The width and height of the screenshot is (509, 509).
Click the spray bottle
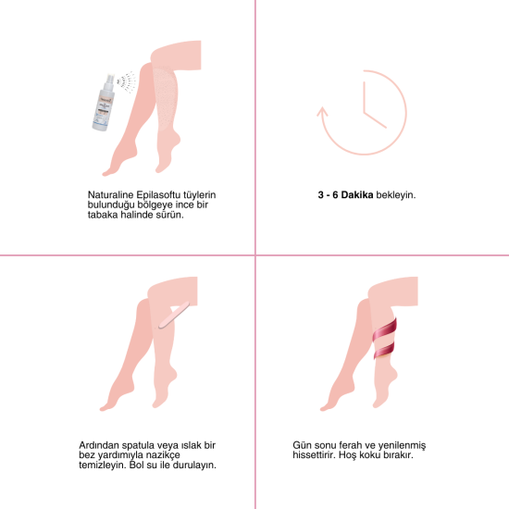pos(104,103)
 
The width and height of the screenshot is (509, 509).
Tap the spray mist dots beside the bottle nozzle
pos(127,82)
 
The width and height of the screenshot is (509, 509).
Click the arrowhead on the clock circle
pos(322,112)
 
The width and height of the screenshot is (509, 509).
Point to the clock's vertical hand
pos(365,97)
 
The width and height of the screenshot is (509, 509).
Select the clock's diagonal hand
pos(375,119)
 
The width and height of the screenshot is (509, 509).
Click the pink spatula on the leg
pos(174,315)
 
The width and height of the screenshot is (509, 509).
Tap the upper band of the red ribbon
pos(385,330)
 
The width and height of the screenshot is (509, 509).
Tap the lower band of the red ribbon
pos(384,351)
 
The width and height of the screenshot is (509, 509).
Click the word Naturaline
pos(110,194)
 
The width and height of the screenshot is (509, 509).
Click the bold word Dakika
pos(356,194)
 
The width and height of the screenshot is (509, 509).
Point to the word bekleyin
pos(396,195)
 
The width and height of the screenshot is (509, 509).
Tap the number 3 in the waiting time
pos(321,194)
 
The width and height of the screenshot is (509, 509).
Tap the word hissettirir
pos(314,454)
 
